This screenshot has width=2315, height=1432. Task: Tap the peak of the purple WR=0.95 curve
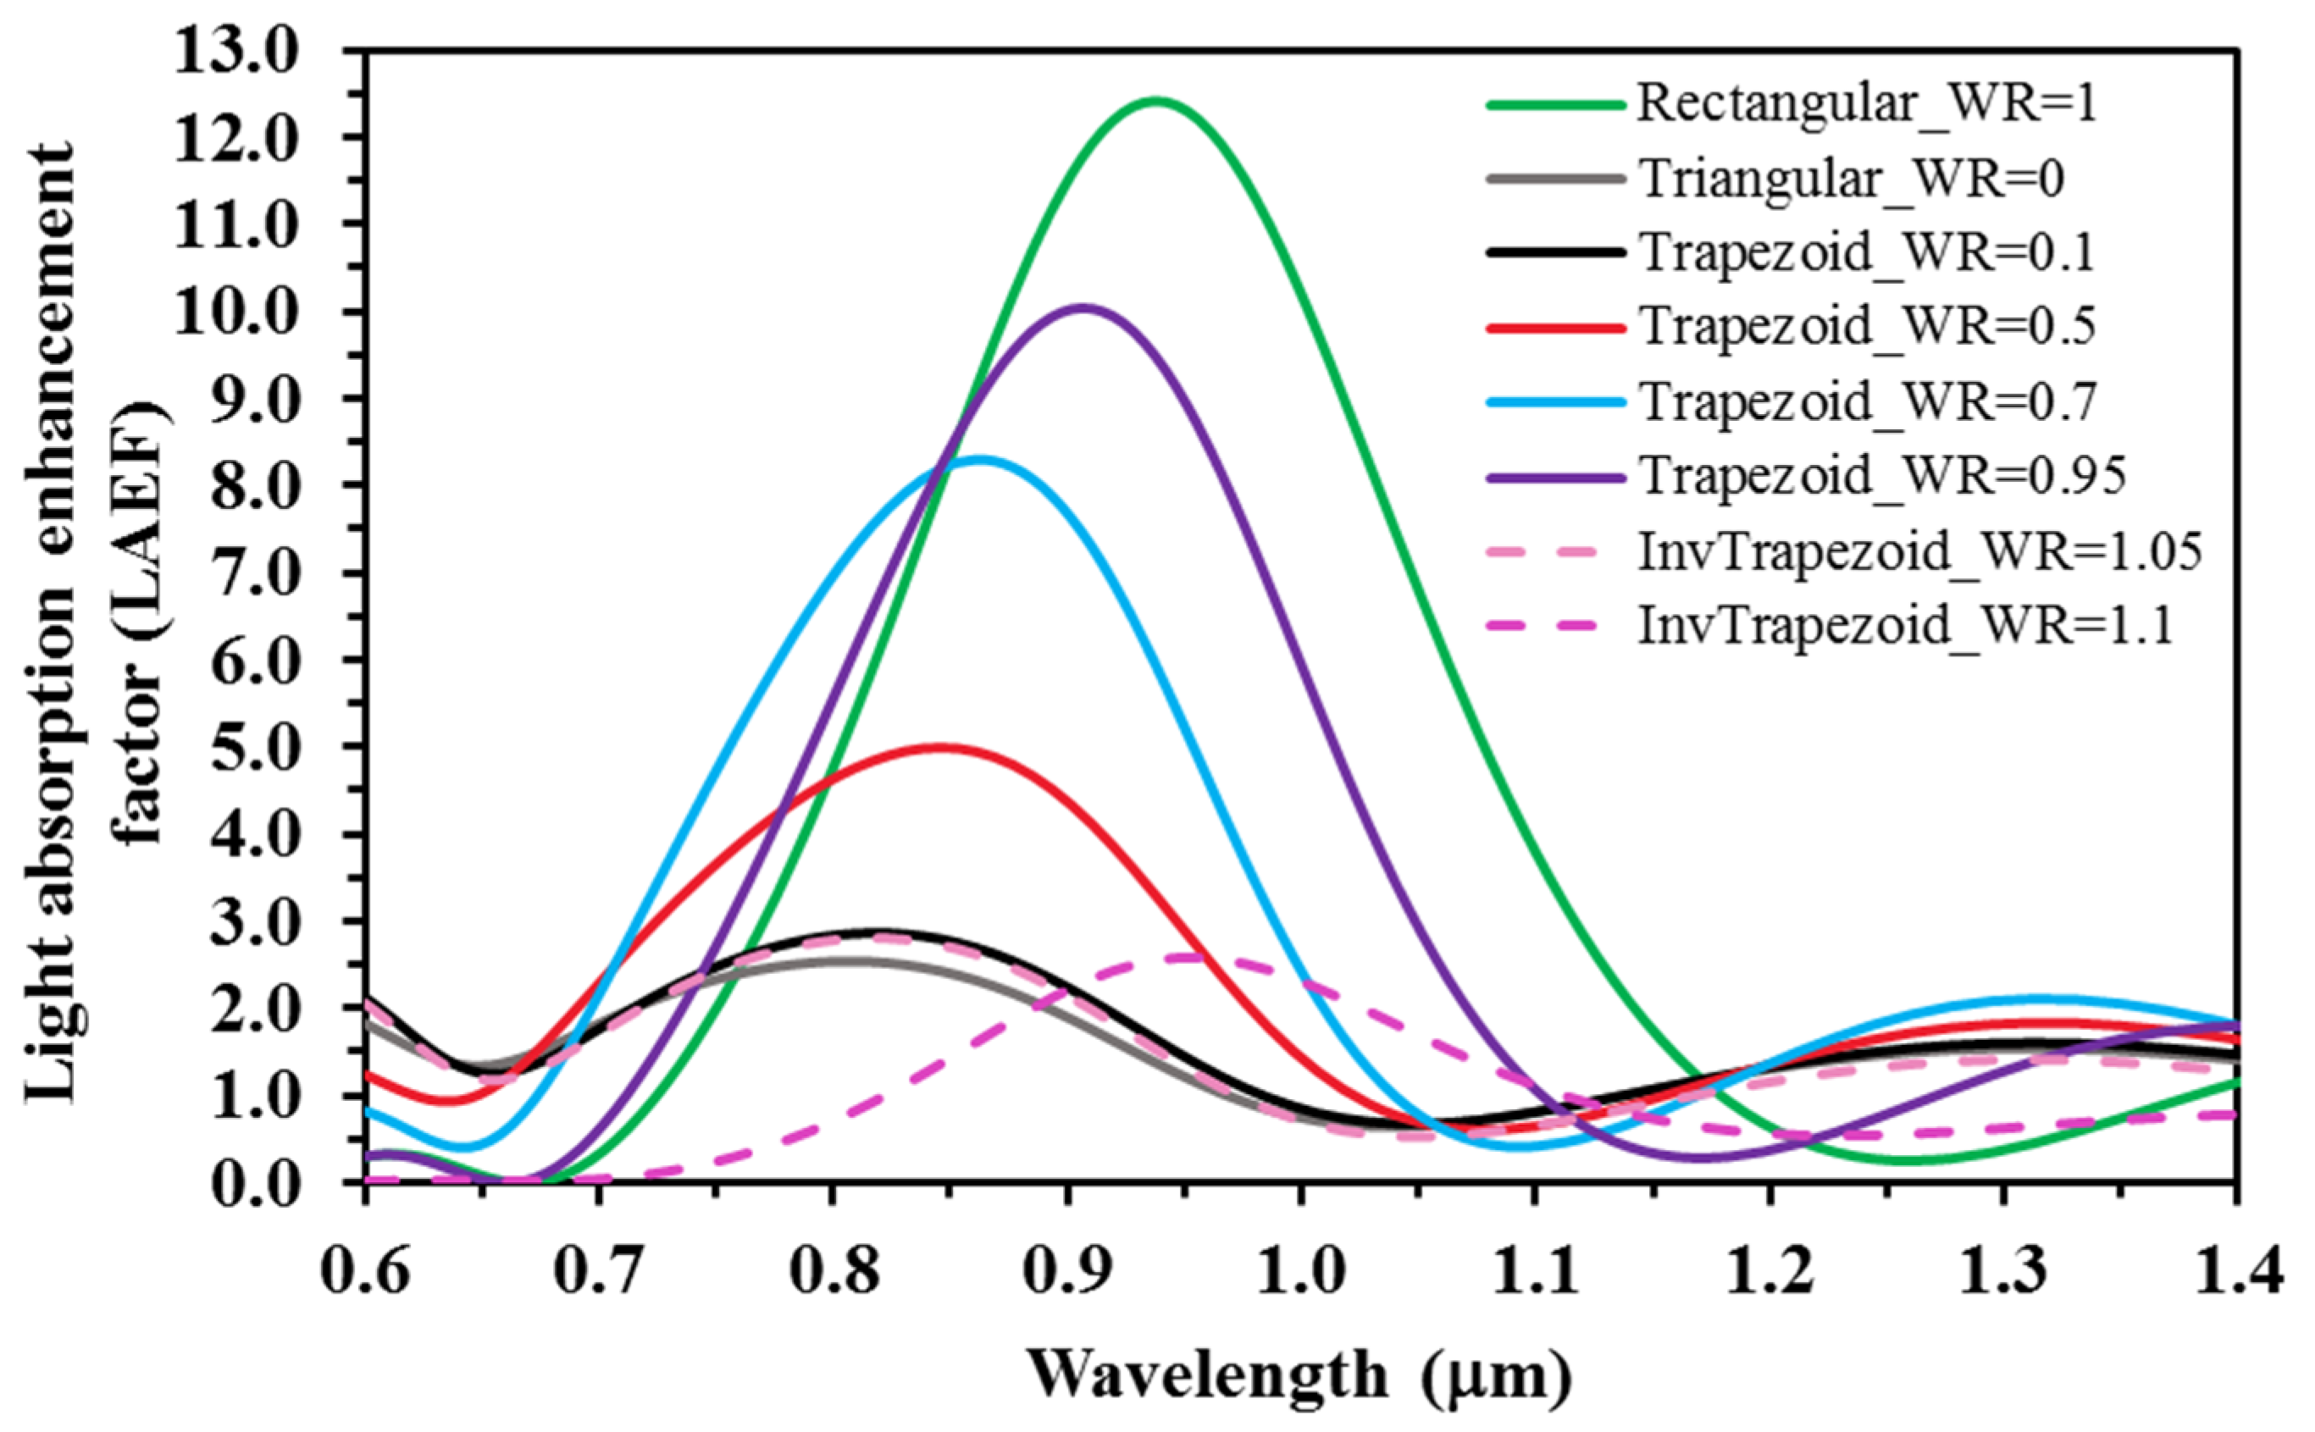[x=1084, y=307]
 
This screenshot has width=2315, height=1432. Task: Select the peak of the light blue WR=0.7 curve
[x=980, y=459]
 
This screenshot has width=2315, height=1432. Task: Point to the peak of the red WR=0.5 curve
[x=939, y=747]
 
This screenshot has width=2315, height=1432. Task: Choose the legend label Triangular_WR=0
[x=1851, y=179]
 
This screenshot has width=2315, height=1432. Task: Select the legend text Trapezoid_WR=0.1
[x=1866, y=253]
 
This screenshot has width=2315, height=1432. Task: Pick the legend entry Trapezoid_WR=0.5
[x=1866, y=327]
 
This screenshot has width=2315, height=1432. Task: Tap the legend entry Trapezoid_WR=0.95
[x=1881, y=477]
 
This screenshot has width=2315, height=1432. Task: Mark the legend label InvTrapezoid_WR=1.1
[x=1904, y=626]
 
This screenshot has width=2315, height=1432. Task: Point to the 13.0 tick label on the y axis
[x=237, y=53]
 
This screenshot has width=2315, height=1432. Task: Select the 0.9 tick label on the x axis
[x=1067, y=1271]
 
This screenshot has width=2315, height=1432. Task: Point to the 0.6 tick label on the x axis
[x=366, y=1271]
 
